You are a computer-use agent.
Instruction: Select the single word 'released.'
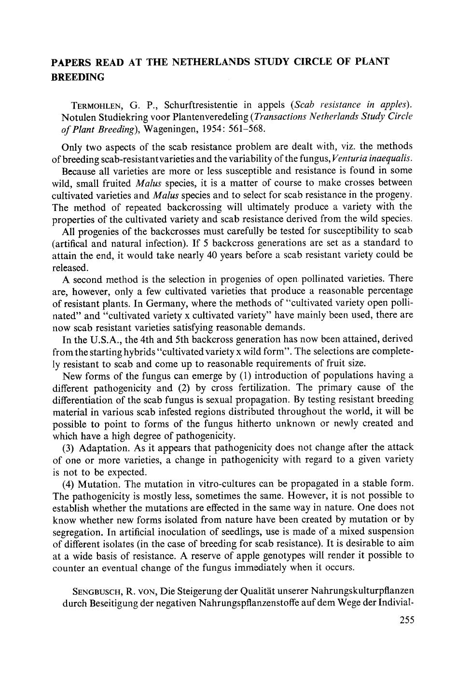pyautogui.click(x=70, y=267)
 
